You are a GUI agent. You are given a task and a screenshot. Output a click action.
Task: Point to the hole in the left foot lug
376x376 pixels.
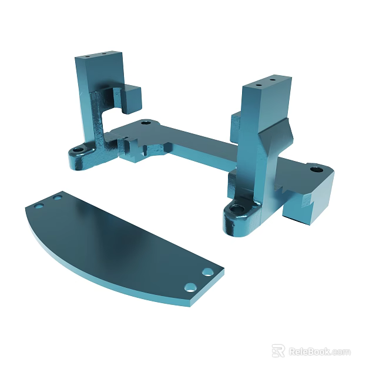[x=78, y=150]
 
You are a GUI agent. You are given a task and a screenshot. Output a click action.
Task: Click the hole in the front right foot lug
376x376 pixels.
[x=238, y=209]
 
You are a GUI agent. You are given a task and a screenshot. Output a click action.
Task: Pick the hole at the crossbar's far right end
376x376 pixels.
[x=315, y=169]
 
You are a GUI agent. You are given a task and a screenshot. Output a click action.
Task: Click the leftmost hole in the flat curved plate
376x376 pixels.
[x=39, y=206]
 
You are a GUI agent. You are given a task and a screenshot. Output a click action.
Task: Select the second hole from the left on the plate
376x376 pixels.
[x=58, y=197]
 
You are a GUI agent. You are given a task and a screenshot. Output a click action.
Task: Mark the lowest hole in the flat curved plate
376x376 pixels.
[x=190, y=287]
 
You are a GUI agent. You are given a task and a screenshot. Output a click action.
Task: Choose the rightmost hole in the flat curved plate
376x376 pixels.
[x=207, y=272]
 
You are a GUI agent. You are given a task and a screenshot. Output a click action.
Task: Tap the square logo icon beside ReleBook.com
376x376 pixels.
[x=278, y=351]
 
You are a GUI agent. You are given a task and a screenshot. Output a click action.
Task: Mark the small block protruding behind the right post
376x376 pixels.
[x=236, y=123]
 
